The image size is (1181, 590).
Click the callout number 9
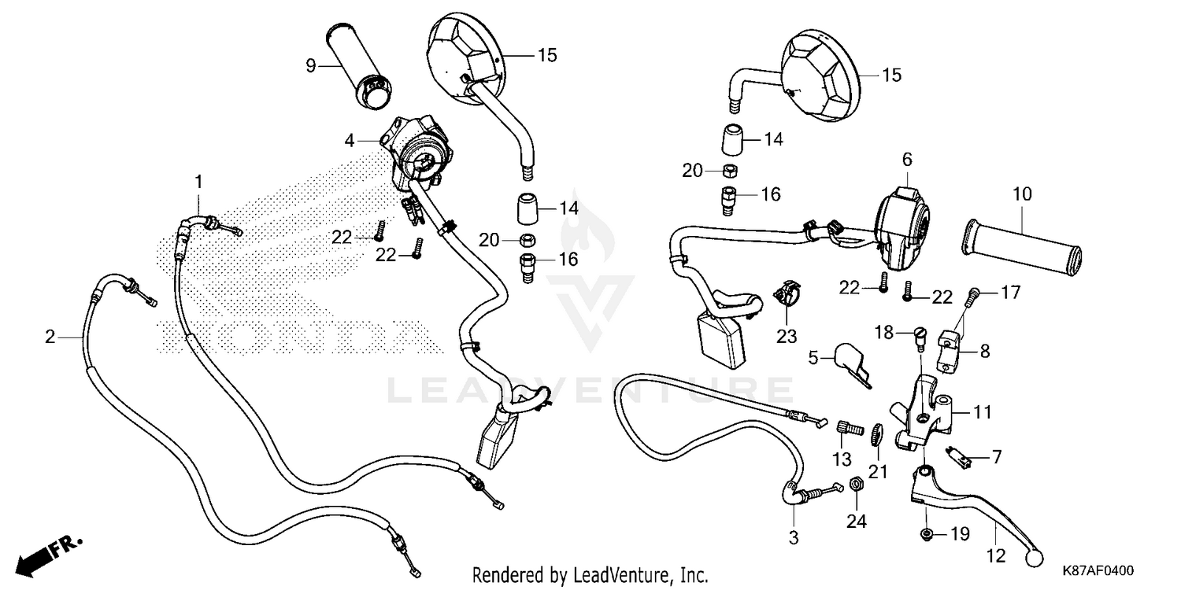(311, 66)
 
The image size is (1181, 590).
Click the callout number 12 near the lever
(996, 555)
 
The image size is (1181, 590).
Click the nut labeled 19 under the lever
(927, 535)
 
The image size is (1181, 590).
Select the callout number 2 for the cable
(50, 337)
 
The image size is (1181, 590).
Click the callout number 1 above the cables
(198, 182)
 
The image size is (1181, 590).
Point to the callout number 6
(906, 160)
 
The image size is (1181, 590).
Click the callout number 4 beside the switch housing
(349, 142)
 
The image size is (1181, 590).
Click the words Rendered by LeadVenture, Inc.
(590, 574)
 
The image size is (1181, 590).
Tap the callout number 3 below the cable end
(794, 538)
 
